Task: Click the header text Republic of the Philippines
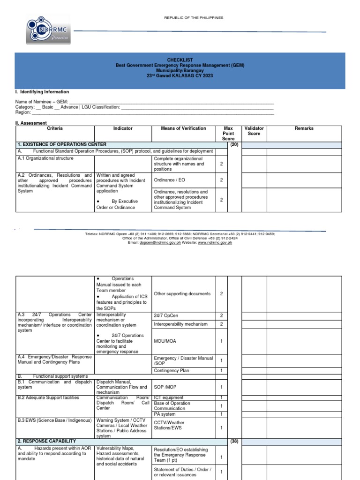(x=194, y=18)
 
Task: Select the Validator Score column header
(x=254, y=131)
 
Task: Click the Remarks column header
(x=304, y=128)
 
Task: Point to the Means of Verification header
(x=183, y=128)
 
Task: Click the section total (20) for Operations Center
(x=234, y=144)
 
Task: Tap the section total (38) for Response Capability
(x=234, y=441)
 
